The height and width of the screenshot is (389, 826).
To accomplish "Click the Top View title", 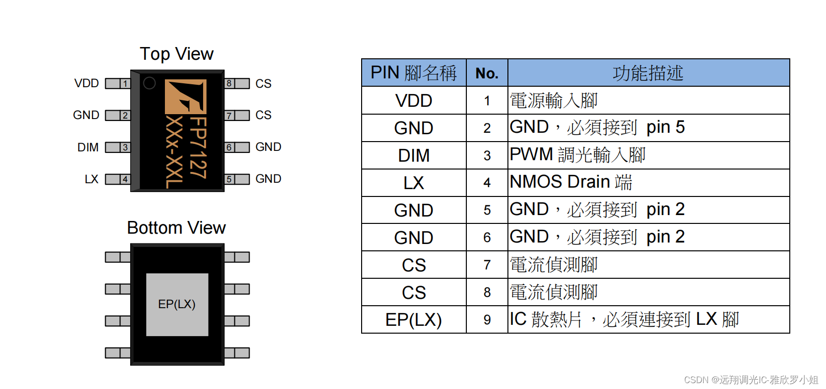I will point(176,54).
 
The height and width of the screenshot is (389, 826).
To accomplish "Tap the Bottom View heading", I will point(176,228).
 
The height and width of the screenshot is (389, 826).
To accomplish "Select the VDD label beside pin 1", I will point(87,83).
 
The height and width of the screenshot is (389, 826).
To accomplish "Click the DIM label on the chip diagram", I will point(88,147).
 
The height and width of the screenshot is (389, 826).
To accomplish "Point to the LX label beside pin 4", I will point(92,179).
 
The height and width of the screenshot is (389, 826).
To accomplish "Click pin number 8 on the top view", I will point(229,83).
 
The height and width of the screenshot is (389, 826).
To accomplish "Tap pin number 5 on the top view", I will point(229,179).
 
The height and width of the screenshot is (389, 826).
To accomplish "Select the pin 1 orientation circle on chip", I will point(149,83).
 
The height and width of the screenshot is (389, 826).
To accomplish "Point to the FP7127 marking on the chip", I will point(198,147).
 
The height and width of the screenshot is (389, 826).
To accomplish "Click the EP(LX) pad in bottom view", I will point(177,304).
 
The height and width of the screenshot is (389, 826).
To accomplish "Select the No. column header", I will point(487,73).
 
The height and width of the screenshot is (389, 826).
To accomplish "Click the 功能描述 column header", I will point(648,73).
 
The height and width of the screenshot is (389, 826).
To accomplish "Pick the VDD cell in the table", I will point(413,101).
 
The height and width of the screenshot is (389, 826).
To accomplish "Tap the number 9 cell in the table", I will point(487,320).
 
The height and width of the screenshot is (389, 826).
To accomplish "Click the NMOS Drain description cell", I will point(571,182).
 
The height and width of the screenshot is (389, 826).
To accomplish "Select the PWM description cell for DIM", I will point(577,155).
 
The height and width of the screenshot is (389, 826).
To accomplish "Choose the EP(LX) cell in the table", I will point(413,320).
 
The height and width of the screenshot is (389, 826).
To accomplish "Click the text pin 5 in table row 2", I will point(665,127).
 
